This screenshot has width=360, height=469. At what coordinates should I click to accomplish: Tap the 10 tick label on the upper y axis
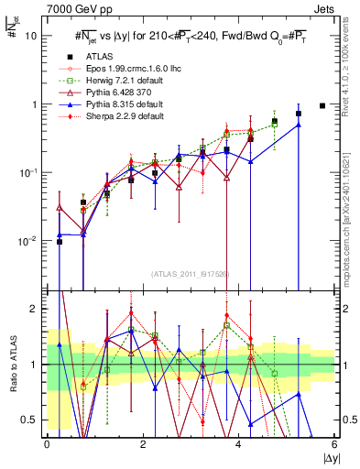click(31, 36)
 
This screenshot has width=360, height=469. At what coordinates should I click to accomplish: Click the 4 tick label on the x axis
click(239, 443)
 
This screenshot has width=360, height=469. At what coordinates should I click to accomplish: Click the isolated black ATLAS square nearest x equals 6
click(322, 105)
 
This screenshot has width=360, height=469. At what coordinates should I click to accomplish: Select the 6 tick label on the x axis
click(335, 443)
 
